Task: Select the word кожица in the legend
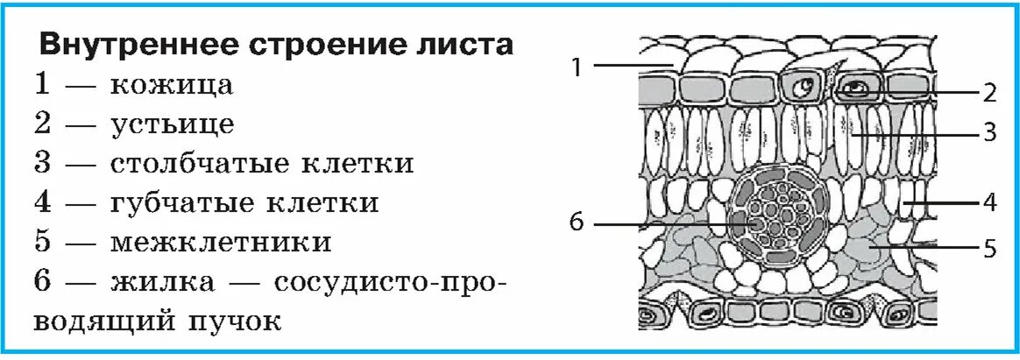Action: click(x=173, y=85)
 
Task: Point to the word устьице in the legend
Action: click(x=173, y=124)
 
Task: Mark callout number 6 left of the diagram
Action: click(x=576, y=222)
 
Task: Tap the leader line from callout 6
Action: click(x=666, y=223)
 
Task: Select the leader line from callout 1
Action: click(x=631, y=65)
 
